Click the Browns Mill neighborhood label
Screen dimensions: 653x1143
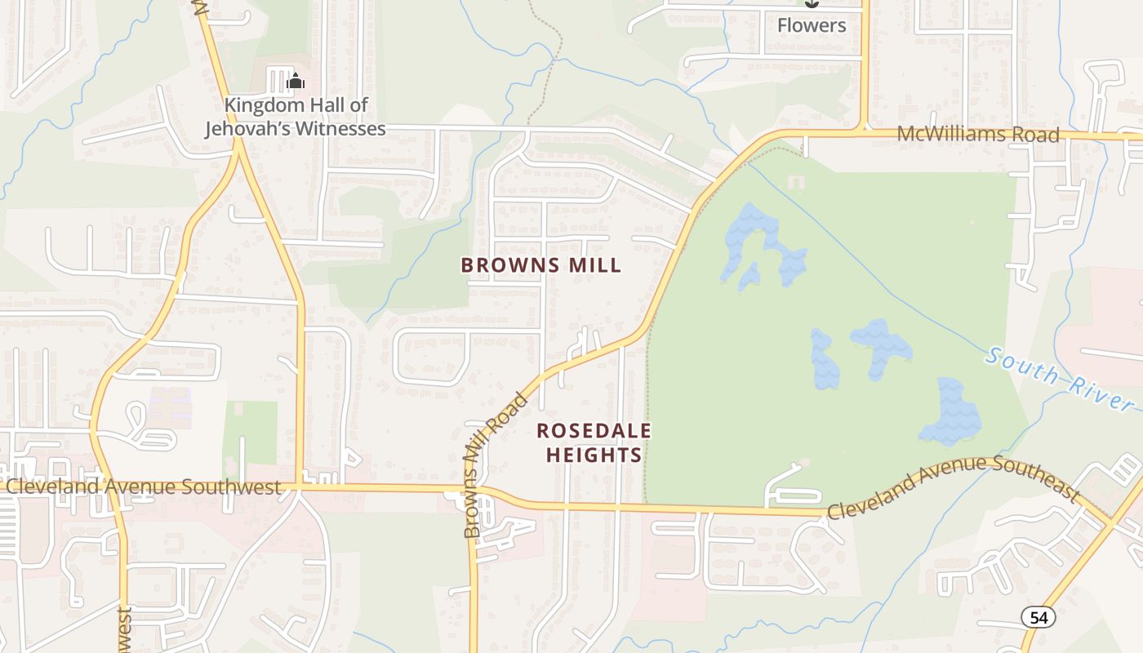540,265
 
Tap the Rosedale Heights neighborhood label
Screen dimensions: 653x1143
594,442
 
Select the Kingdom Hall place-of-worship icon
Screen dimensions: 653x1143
296,81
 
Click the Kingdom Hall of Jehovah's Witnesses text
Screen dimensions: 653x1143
296,117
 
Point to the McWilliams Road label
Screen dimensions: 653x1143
977,134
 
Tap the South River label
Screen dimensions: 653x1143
1060,379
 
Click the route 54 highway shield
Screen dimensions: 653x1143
1038,617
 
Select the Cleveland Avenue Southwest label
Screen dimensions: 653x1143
144,486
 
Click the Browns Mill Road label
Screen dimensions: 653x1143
495,465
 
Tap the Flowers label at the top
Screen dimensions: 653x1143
811,25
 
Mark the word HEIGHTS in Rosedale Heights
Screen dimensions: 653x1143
594,455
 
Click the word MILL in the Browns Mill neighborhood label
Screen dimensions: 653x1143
592,265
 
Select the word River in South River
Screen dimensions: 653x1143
1103,394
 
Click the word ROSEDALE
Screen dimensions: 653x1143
594,430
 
